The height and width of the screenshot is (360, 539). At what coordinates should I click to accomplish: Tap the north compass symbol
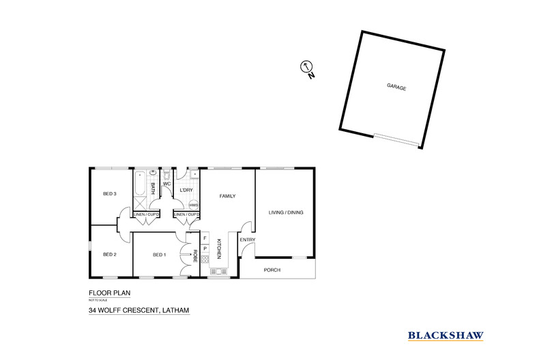click(306, 67)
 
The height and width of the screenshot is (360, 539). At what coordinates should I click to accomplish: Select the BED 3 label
click(110, 194)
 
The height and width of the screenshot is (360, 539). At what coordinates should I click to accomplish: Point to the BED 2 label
click(110, 255)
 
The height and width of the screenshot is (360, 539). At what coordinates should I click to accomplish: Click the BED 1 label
click(159, 255)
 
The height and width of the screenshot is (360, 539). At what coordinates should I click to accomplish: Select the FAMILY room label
click(227, 196)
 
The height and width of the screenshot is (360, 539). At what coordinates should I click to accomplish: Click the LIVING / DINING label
click(285, 212)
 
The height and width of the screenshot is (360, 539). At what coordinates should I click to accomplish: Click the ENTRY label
click(246, 240)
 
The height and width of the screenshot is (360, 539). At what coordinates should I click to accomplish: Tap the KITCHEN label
click(219, 249)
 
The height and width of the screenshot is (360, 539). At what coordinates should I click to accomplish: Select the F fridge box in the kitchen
click(205, 238)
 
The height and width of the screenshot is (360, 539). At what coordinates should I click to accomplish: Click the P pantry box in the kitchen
click(205, 248)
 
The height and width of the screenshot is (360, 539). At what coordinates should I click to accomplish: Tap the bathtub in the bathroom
click(139, 184)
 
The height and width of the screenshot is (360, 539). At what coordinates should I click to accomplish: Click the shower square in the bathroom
click(139, 203)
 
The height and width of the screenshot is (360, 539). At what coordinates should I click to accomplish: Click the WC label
click(166, 184)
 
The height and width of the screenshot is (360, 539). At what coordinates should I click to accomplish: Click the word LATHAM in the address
click(173, 311)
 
